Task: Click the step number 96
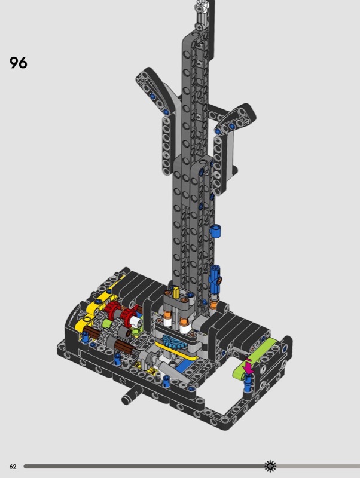tap(19, 63)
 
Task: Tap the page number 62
tap(13, 467)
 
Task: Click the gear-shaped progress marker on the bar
tap(270, 466)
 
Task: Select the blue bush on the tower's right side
tap(215, 231)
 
